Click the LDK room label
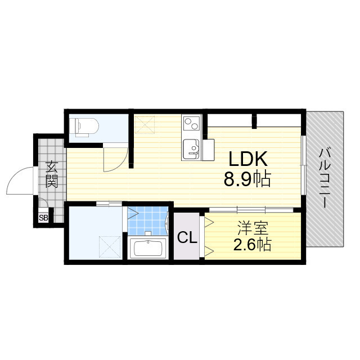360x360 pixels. click(246, 159)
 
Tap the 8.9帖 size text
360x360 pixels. click(247, 179)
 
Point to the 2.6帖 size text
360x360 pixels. click(252, 245)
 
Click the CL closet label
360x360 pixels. click(187, 237)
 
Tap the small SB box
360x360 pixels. click(43, 217)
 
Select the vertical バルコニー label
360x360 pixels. click(325, 177)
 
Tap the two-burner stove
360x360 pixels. click(191, 123)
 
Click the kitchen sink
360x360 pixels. click(191, 148)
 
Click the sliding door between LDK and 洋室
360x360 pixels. click(251, 209)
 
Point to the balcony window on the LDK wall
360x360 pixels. click(304, 163)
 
